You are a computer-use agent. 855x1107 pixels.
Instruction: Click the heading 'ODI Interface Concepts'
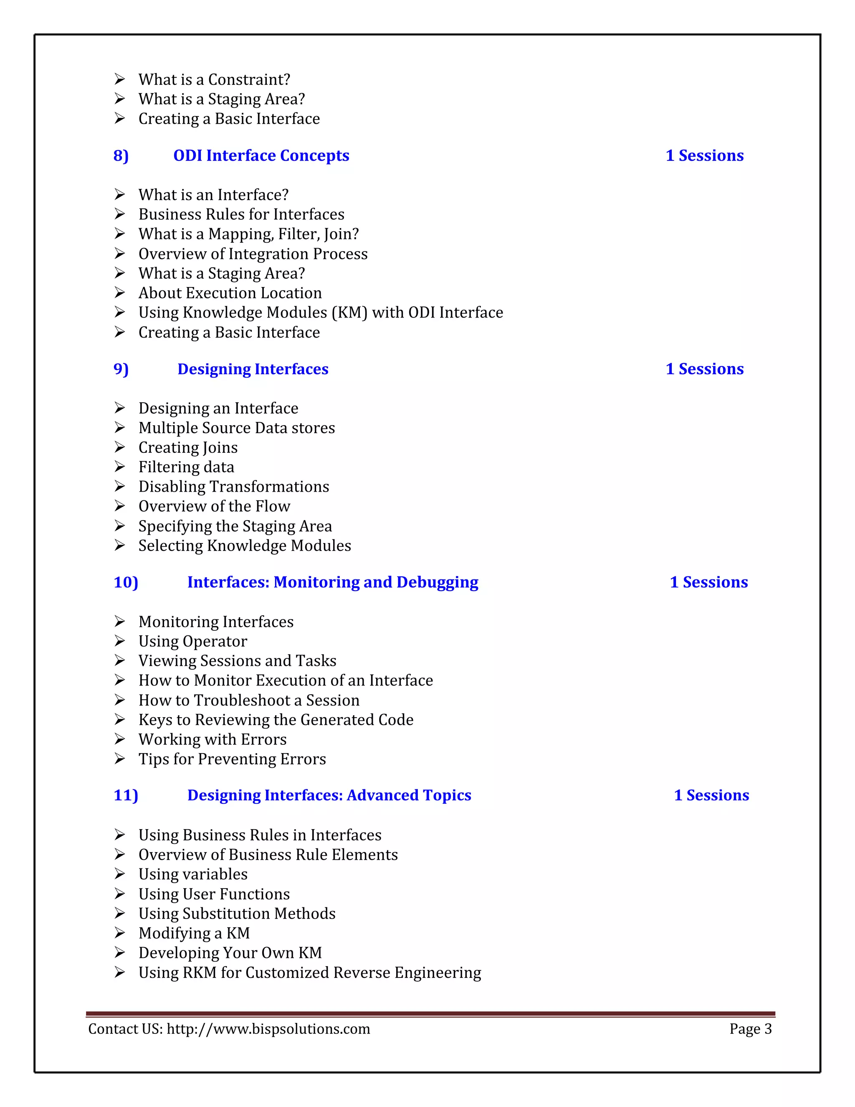pyautogui.click(x=261, y=156)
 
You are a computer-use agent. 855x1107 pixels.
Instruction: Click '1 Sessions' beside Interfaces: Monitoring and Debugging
pyautogui.click(x=708, y=582)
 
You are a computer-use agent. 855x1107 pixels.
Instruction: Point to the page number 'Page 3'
pyautogui.click(x=750, y=1028)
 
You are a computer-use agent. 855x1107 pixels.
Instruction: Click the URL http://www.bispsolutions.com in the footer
pyautogui.click(x=268, y=1028)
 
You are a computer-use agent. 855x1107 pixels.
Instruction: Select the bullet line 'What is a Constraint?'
pyautogui.click(x=214, y=79)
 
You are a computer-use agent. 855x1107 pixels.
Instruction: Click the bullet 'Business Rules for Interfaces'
pyautogui.click(x=241, y=214)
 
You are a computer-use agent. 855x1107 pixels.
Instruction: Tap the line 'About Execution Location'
pyautogui.click(x=230, y=293)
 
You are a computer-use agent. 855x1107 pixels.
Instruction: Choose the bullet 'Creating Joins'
pyautogui.click(x=188, y=447)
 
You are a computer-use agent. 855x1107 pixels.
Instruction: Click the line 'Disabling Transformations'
pyautogui.click(x=233, y=487)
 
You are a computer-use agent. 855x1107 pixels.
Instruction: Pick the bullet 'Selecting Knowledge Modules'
pyautogui.click(x=245, y=546)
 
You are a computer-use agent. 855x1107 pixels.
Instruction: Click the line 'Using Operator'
pyautogui.click(x=192, y=641)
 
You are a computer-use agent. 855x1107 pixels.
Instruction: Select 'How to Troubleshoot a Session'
pyautogui.click(x=249, y=700)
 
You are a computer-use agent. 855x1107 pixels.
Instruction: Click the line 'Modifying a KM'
pyautogui.click(x=194, y=933)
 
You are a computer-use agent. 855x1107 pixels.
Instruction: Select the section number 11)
pyautogui.click(x=126, y=795)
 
